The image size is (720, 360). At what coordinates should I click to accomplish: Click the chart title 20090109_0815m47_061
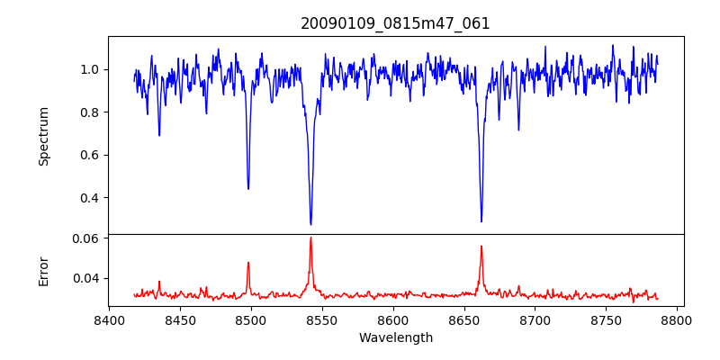(x=395, y=23)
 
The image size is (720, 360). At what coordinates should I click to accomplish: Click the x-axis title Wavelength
(x=395, y=338)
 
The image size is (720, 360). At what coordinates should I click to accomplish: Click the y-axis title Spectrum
(x=44, y=136)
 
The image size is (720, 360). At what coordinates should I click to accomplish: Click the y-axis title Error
(x=44, y=270)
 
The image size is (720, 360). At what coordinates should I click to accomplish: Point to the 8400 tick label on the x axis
(x=109, y=319)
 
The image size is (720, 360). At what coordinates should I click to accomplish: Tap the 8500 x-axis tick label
(x=251, y=319)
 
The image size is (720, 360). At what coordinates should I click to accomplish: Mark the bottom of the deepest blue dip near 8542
(x=310, y=224)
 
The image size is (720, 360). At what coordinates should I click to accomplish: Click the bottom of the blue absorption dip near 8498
(x=248, y=188)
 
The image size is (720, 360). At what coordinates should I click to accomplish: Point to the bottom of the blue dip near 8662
(x=481, y=220)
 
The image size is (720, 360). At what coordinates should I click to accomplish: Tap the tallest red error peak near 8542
(x=310, y=238)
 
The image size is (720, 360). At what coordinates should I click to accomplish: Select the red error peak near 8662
(x=481, y=247)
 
